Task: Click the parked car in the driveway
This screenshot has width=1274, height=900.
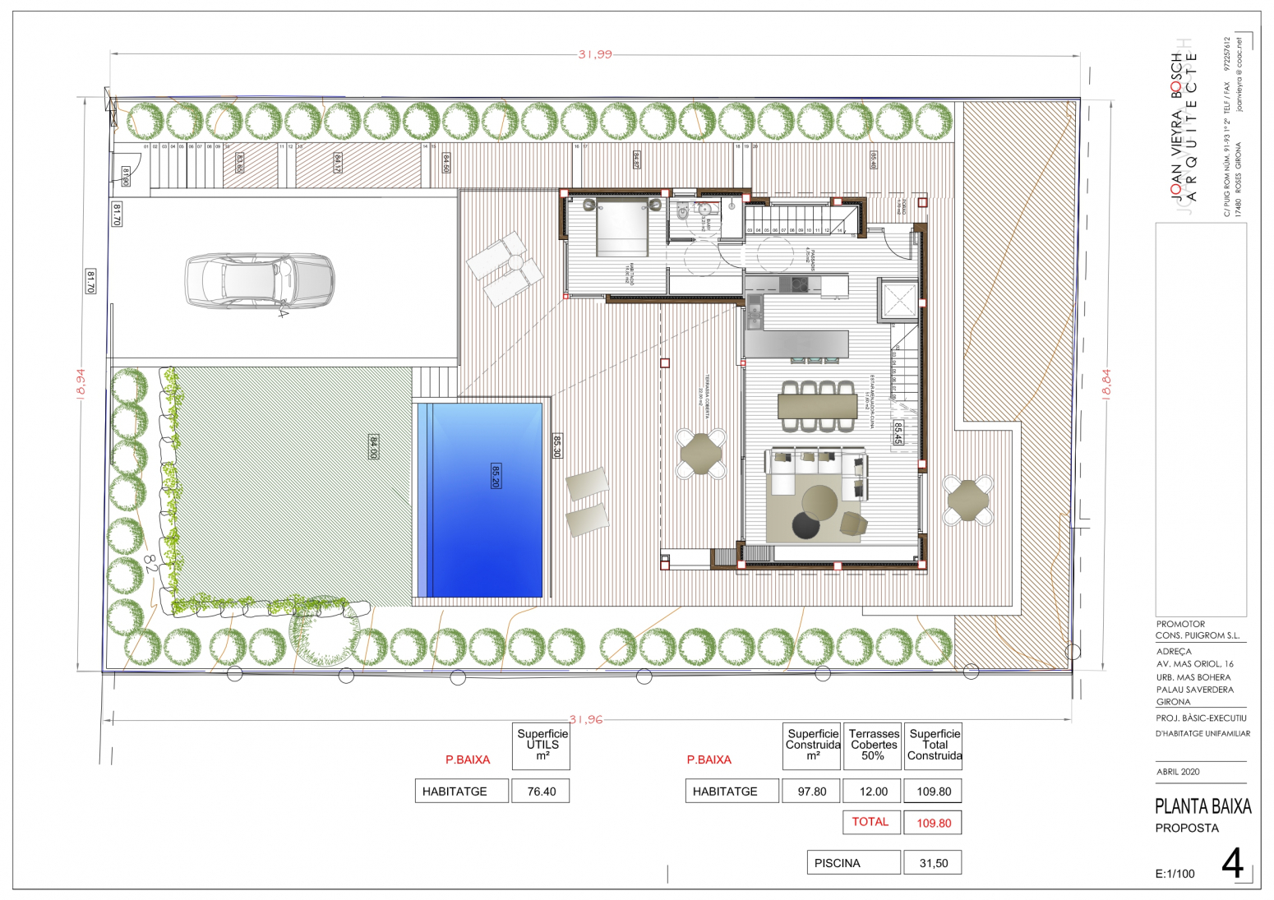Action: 259,281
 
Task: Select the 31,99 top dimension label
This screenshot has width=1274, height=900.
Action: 595,54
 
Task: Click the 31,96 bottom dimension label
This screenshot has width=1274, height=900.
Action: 585,719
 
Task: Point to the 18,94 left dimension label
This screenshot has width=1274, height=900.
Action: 80,381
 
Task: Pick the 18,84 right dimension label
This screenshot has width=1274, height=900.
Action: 1106,382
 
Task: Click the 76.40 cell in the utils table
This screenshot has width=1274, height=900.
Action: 541,792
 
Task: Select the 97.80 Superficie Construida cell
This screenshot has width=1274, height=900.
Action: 812,792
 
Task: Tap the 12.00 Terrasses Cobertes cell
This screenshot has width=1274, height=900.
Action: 873,792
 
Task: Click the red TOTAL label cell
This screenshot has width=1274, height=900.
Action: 870,822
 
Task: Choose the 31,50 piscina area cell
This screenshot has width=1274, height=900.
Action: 933,863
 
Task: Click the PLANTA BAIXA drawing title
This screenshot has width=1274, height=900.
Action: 1202,806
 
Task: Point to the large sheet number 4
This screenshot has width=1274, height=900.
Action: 1232,864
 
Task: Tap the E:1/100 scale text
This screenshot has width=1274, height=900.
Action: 1175,874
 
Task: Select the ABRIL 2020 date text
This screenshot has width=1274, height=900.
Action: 1178,772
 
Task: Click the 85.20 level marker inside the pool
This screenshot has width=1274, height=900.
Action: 496,476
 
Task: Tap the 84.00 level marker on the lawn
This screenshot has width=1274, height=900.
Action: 373,447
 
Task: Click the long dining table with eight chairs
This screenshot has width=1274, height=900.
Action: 817,406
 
